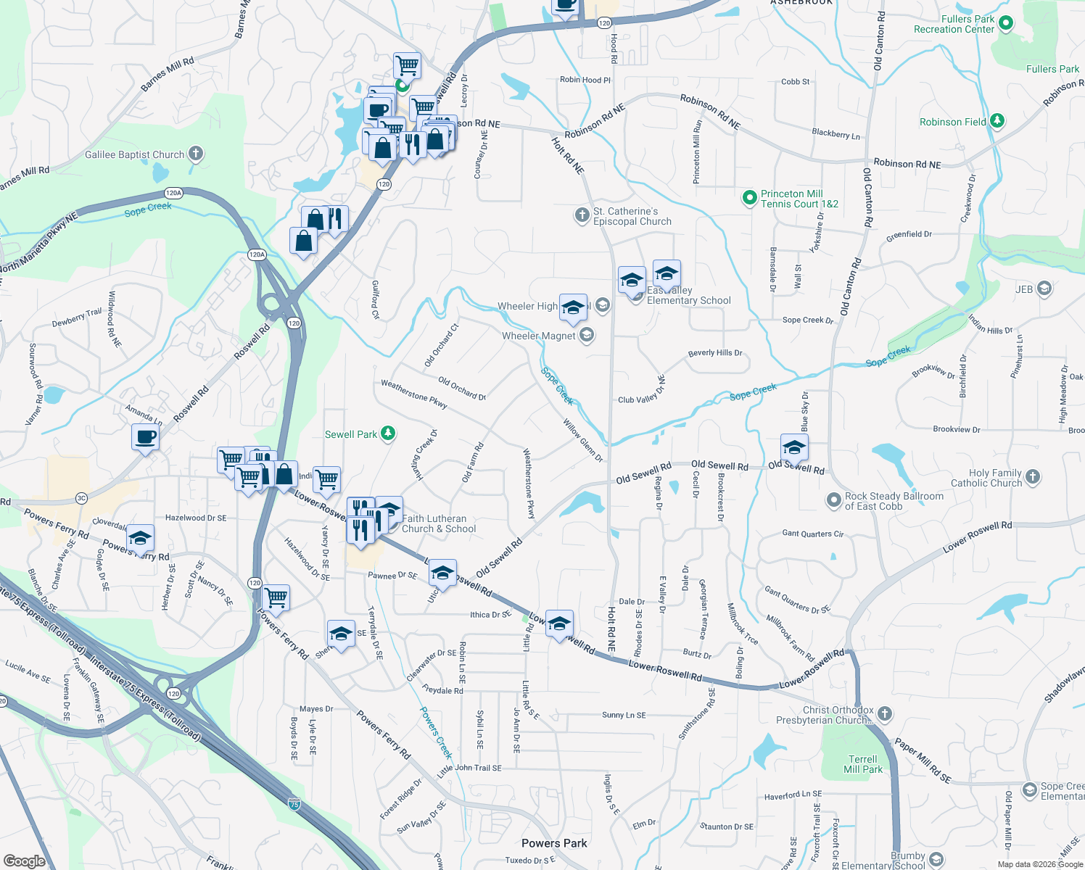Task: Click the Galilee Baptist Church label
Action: click(135, 154)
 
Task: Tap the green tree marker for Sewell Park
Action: click(389, 434)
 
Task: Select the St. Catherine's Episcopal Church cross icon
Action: click(582, 215)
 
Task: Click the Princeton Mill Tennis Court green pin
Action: click(749, 198)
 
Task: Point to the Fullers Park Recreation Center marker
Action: click(1005, 24)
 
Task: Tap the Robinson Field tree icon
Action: click(997, 121)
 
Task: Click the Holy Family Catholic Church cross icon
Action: click(1033, 477)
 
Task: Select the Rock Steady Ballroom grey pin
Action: click(834, 500)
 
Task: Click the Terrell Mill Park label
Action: click(863, 764)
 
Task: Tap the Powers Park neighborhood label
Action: click(554, 843)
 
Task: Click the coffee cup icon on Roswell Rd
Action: click(145, 437)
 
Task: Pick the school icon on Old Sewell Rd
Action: click(794, 447)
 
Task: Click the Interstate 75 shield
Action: click(294, 804)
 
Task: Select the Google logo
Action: click(25, 861)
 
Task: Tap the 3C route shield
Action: click(81, 498)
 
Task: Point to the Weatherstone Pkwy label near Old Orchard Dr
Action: click(414, 394)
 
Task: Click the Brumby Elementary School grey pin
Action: click(936, 860)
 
